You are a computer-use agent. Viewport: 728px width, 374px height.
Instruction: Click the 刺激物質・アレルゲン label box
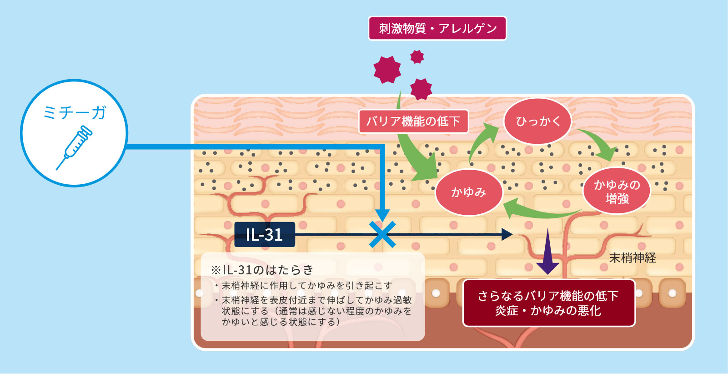[x=437, y=28]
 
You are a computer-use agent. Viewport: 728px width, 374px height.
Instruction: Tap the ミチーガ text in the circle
[x=75, y=113]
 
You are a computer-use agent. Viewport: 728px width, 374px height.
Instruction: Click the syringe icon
[x=74, y=147]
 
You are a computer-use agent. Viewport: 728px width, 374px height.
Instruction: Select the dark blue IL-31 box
[x=265, y=234]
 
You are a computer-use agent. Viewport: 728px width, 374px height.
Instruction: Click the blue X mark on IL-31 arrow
[x=382, y=234]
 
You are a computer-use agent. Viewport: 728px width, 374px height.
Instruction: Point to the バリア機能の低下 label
[x=413, y=121]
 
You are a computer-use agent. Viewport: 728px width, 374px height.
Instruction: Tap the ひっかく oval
[x=537, y=121]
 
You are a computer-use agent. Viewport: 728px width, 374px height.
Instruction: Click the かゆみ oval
[x=469, y=192]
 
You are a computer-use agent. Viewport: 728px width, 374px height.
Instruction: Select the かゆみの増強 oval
[x=617, y=191]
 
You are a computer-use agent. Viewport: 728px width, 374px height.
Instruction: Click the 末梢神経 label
[x=633, y=258]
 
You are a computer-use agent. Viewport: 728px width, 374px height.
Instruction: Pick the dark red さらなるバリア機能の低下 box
[x=549, y=303]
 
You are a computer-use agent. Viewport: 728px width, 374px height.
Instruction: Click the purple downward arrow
[x=547, y=252]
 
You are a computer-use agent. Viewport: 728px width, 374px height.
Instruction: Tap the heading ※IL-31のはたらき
[x=262, y=270]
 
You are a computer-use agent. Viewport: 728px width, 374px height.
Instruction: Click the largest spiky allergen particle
[x=387, y=70]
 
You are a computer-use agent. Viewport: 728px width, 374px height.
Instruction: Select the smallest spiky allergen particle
[x=417, y=56]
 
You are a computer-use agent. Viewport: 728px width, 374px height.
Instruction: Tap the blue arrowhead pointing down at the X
[x=382, y=216]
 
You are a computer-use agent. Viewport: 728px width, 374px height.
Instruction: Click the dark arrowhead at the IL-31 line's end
[x=507, y=234]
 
